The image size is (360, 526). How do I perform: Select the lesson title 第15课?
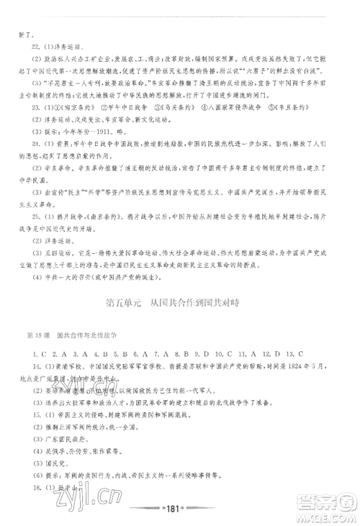35,336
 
